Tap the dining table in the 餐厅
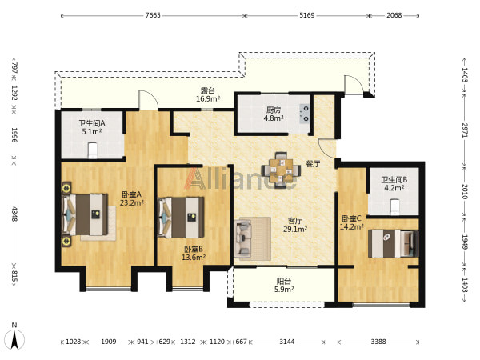click(x=281, y=170)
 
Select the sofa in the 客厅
click(x=242, y=238)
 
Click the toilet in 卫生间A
click(x=93, y=150)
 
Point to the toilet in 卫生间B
click(x=395, y=206)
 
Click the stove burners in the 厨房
click(x=305, y=114)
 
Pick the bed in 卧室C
click(x=393, y=244)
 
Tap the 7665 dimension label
click(x=153, y=15)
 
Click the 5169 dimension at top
click(x=306, y=15)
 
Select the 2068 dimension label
click(x=394, y=15)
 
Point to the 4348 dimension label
click(x=14, y=214)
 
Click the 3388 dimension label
click(x=378, y=342)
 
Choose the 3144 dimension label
click(x=287, y=342)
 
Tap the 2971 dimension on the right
click(x=465, y=130)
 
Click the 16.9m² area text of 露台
click(x=208, y=99)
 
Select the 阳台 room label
click(x=284, y=281)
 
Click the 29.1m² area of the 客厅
click(x=295, y=229)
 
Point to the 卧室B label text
click(x=194, y=249)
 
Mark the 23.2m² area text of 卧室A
click(x=132, y=202)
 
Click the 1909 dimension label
click(x=109, y=342)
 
